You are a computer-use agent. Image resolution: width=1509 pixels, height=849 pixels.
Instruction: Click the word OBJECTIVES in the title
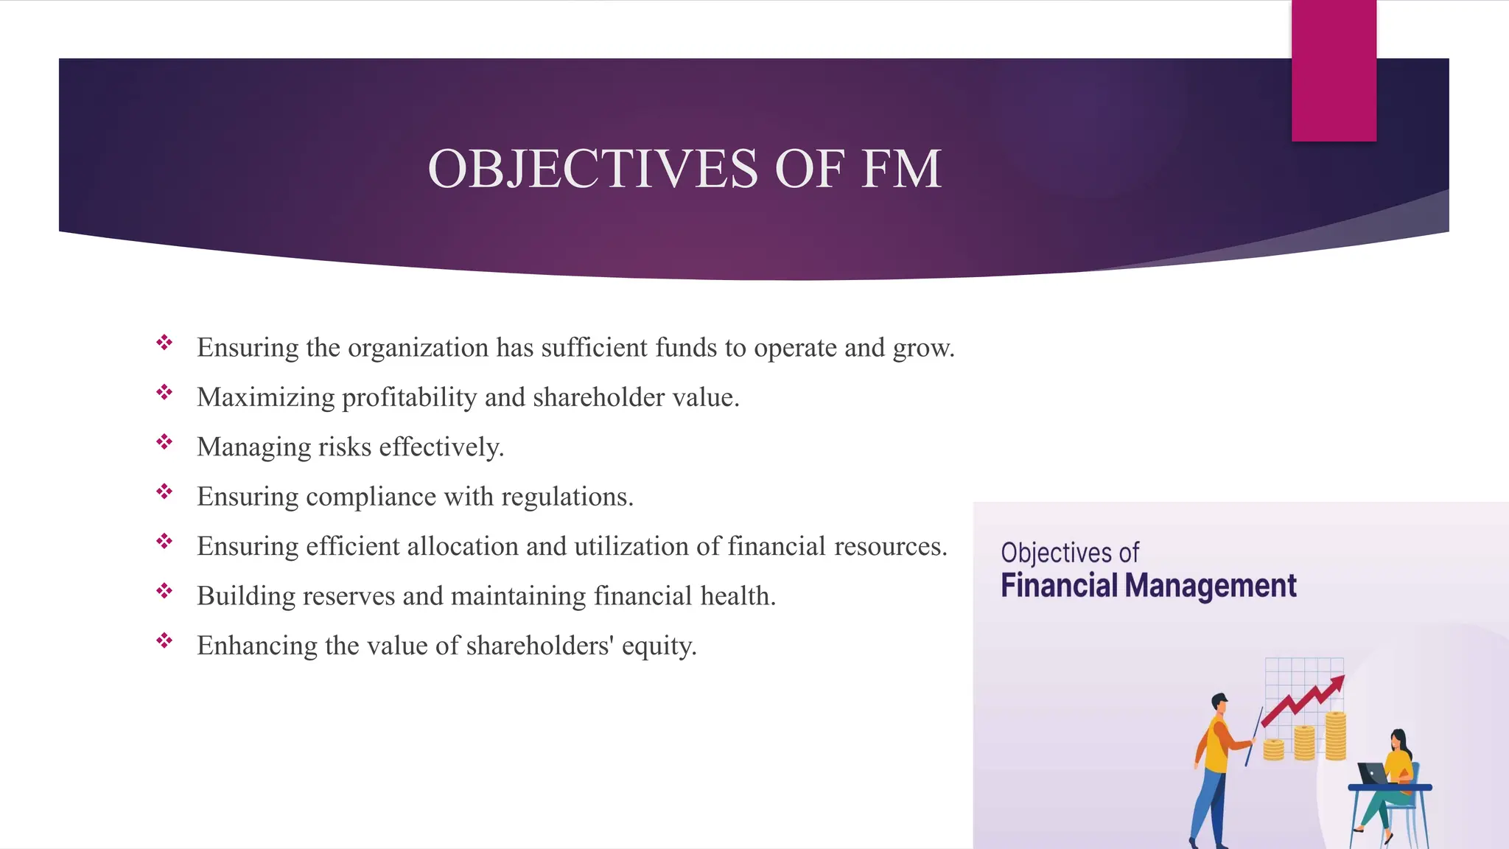coord(592,169)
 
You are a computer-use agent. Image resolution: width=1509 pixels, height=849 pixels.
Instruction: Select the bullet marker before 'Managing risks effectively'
coord(164,442)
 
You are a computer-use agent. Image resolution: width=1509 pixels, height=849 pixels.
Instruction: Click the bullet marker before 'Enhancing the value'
coord(164,640)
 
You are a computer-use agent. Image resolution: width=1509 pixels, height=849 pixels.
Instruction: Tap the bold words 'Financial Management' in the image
coord(1148,585)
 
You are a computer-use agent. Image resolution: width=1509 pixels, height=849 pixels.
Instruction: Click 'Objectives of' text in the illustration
coord(1069,552)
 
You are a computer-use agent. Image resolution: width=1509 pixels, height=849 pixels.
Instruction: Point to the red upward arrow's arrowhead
coord(1337,682)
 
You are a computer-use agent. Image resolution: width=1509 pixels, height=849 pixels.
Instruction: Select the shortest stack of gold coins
coord(1273,750)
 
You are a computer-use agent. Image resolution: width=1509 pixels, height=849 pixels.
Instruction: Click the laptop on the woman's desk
coord(1371,773)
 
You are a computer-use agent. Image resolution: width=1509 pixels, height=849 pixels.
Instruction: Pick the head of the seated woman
coord(1398,739)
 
